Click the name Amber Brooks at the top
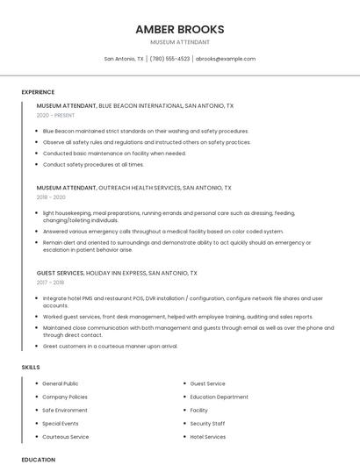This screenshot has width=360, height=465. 179,29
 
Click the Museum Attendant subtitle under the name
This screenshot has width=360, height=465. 179,42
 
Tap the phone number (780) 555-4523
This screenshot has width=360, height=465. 169,59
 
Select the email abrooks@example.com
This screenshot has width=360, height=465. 226,59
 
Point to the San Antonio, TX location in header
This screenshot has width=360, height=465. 124,59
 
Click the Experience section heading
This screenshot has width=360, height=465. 38,92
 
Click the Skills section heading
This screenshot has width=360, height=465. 31,367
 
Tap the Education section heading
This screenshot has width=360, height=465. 38,459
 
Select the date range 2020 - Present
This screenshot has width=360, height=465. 55,115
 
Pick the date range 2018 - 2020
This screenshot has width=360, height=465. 51,197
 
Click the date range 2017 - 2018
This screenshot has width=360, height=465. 51,283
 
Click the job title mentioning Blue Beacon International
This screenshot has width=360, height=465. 135,105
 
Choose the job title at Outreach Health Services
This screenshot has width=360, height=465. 133,188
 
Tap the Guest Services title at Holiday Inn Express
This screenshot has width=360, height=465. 117,273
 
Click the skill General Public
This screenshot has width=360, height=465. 60,383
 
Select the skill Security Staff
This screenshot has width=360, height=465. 207,423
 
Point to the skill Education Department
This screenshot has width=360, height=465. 219,397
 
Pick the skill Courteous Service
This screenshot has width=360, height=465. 65,436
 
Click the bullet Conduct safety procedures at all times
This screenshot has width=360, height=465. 93,164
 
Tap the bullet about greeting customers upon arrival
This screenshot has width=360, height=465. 110,346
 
